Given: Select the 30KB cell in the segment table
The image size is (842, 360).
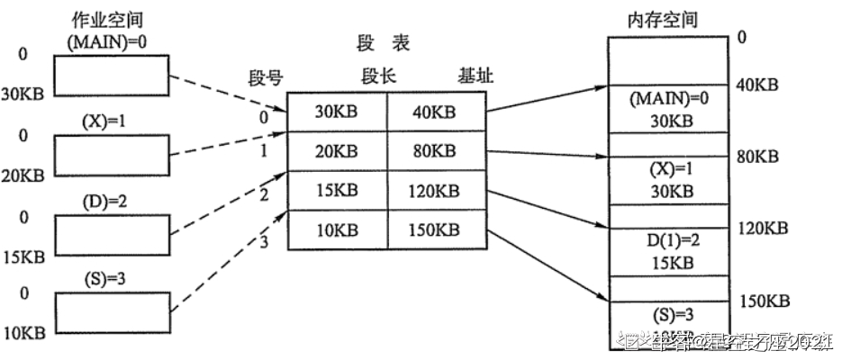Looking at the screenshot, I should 337,114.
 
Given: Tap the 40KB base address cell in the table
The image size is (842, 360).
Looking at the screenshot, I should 438,114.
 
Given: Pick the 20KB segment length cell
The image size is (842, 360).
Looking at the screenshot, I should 337,153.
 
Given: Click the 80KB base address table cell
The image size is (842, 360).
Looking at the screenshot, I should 438,153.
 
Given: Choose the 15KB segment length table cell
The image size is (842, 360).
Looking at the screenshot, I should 337,192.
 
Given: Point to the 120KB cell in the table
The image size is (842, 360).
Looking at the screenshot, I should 438,192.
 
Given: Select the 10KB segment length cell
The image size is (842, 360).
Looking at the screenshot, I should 337,230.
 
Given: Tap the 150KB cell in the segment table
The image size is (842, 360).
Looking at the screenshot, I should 438,230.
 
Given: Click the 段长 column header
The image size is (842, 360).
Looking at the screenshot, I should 376,77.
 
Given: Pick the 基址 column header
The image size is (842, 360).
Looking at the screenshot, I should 475,77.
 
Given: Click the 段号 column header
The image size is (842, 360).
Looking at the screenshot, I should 266,77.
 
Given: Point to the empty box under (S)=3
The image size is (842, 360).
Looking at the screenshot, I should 112,311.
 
